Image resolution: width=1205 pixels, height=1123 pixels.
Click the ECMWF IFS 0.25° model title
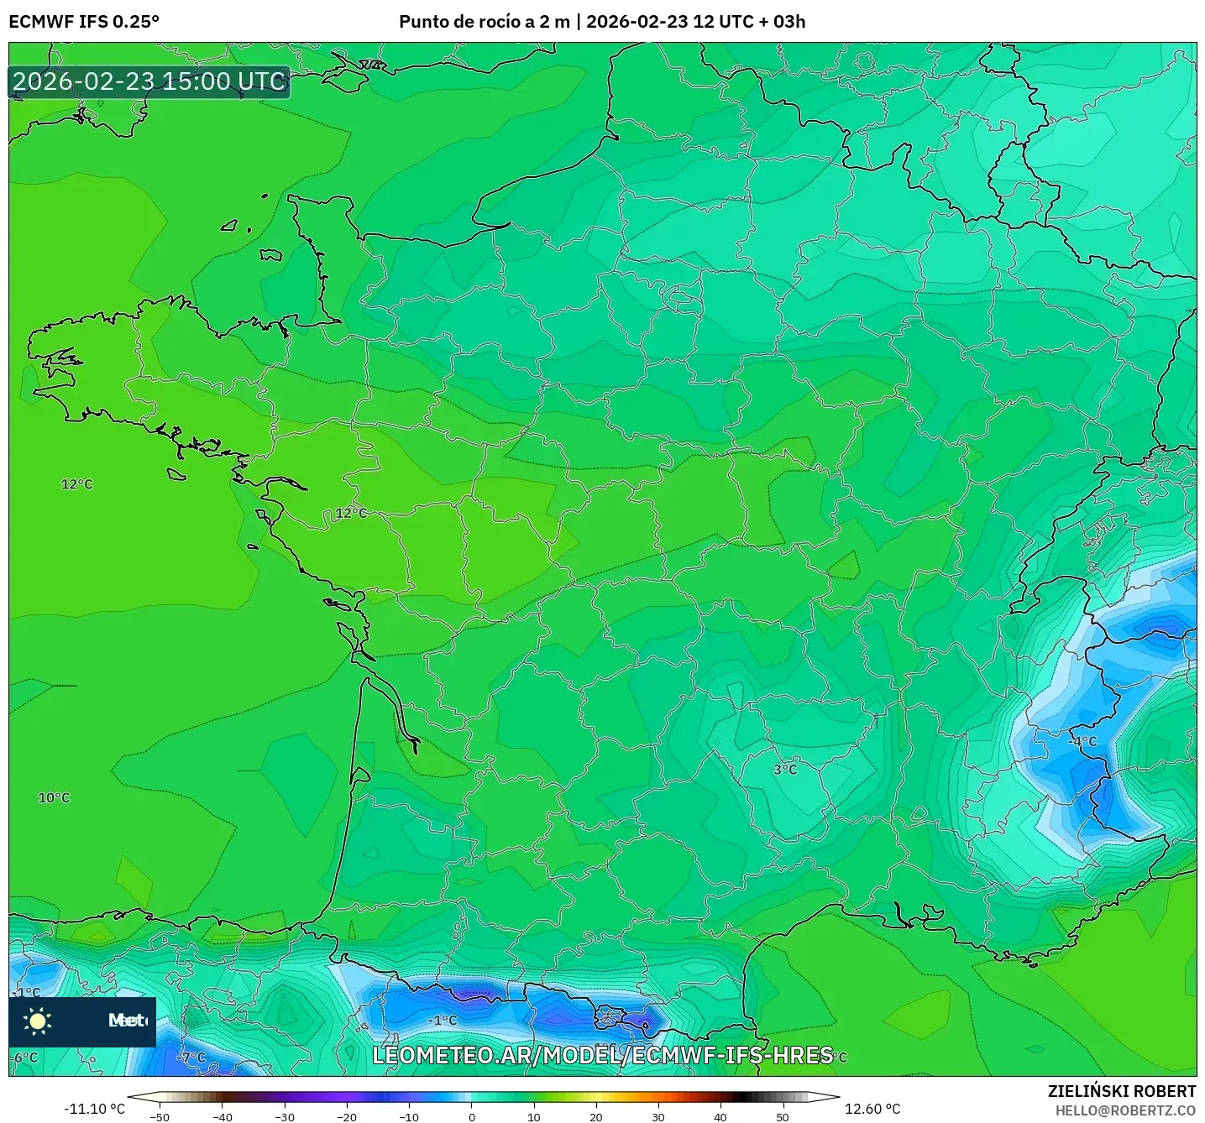[84, 21]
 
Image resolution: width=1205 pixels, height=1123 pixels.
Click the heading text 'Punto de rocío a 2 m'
[485, 21]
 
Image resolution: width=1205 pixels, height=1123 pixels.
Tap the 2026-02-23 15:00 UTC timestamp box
[149, 81]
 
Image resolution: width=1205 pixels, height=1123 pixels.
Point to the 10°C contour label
[55, 797]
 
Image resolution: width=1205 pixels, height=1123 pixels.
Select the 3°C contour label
[785, 769]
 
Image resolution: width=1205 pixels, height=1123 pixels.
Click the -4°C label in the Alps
[1082, 741]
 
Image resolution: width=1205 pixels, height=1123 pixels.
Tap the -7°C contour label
[192, 1057]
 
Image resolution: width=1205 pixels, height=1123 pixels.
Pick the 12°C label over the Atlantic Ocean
[77, 484]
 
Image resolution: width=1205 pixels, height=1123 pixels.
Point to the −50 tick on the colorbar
[159, 1116]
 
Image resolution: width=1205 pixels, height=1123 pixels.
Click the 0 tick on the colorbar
[472, 1116]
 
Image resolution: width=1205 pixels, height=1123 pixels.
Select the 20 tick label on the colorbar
[596, 1116]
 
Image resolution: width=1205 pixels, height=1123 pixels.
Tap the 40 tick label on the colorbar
[720, 1116]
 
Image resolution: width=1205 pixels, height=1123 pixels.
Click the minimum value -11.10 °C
[94, 1109]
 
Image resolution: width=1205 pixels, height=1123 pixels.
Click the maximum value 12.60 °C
[872, 1109]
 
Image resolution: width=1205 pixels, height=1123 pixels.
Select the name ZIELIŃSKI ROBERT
[1122, 1091]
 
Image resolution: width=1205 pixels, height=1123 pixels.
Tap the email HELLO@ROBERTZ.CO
[1125, 1110]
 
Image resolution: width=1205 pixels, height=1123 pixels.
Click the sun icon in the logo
[38, 1021]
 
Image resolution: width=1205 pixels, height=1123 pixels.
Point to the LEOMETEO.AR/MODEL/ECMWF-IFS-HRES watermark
[603, 1055]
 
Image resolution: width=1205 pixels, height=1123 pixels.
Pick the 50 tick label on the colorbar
[783, 1116]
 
